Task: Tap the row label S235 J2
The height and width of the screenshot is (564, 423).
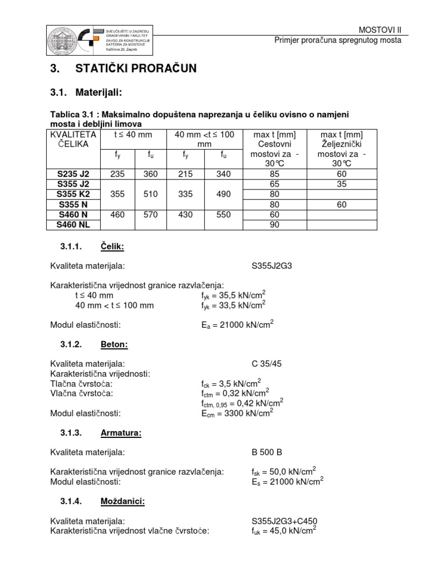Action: coord(73,174)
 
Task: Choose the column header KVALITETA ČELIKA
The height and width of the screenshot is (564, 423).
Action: coord(73,139)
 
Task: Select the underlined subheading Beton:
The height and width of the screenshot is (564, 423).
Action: coord(114,344)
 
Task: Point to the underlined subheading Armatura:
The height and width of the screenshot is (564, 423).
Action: coord(121,433)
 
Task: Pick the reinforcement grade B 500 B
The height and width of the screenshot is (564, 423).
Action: coord(267,452)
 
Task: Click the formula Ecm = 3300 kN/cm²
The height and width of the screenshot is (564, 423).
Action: coord(237,412)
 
